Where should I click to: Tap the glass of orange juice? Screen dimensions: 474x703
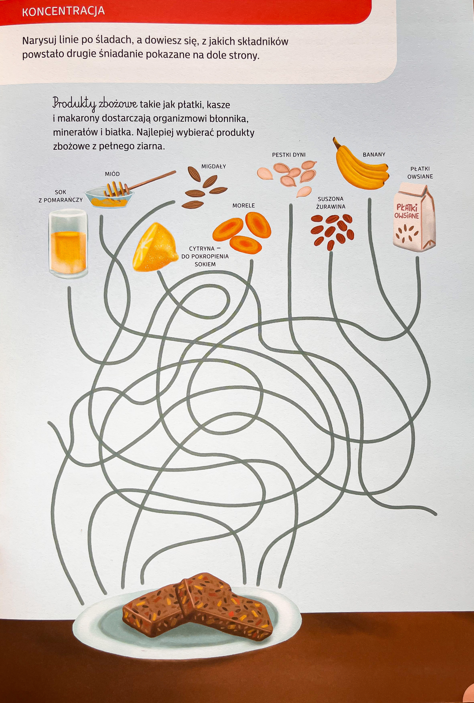pyautogui.click(x=69, y=243)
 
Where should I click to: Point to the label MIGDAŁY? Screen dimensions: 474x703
pyautogui.click(x=214, y=166)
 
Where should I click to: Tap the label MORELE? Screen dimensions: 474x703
pyautogui.click(x=244, y=206)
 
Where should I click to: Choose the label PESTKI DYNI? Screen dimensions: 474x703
pyautogui.click(x=289, y=155)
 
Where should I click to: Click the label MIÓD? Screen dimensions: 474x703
pyautogui.click(x=112, y=174)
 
